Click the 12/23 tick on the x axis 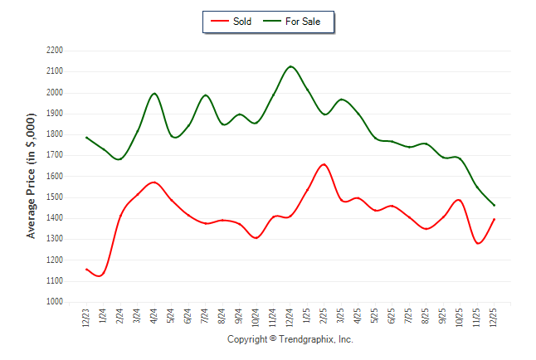[86, 319]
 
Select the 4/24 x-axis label [154, 319]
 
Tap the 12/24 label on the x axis [290, 319]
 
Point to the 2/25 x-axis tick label [324, 319]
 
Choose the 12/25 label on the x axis [494, 319]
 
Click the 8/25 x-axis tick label [426, 319]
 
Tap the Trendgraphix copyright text [290, 340]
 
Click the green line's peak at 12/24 [290, 66]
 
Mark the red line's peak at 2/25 [324, 164]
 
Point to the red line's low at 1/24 [100, 275]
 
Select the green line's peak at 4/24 [154, 93]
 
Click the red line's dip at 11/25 [478, 243]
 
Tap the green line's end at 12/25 [494, 206]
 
